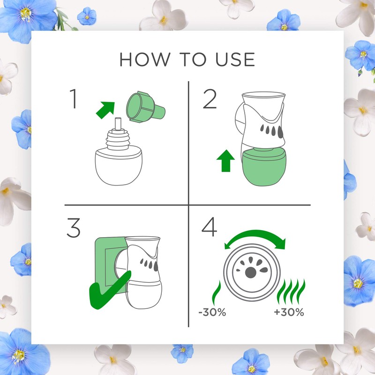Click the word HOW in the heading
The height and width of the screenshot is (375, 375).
(x=145, y=60)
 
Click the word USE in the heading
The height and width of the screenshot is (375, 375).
(x=235, y=60)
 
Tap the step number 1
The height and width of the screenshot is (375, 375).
(x=74, y=99)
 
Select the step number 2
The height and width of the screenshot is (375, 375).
(x=210, y=99)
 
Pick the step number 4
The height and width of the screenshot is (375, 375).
(x=209, y=227)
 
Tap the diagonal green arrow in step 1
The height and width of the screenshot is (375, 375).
(x=105, y=110)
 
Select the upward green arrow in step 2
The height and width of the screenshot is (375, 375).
(x=225, y=161)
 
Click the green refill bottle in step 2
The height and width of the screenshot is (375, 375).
(x=264, y=167)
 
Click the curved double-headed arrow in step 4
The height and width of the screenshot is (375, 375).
(x=255, y=236)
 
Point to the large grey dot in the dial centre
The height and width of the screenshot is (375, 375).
(x=250, y=272)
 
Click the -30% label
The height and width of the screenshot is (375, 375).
(x=212, y=312)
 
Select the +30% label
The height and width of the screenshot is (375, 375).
(x=289, y=312)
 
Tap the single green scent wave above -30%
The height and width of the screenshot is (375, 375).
(x=216, y=293)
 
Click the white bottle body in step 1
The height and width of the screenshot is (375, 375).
(x=119, y=167)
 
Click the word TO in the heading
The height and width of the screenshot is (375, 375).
(x=193, y=60)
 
